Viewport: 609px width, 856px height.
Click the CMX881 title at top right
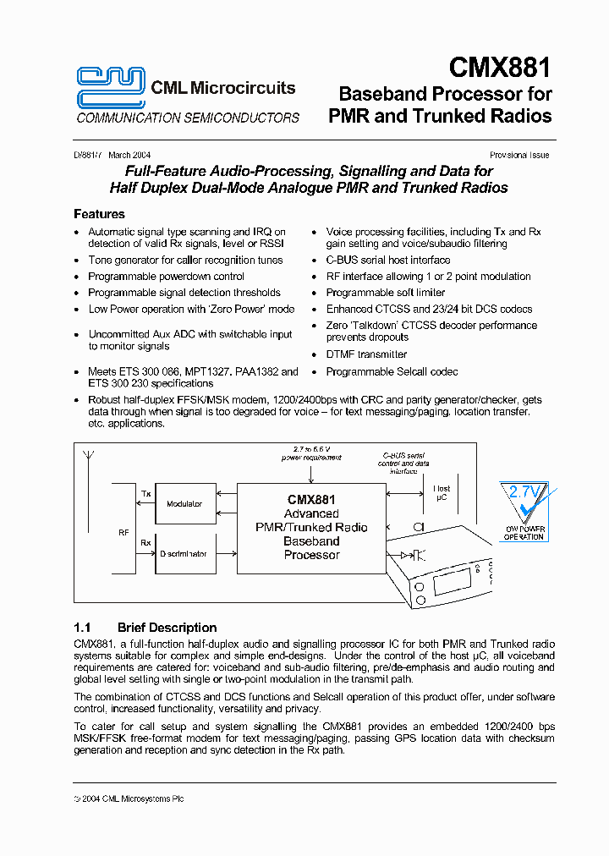point(500,67)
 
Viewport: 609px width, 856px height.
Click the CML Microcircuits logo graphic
point(111,87)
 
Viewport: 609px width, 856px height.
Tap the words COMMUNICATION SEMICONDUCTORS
point(188,118)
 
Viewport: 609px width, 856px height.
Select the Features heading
point(99,214)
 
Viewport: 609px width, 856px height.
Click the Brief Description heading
point(167,628)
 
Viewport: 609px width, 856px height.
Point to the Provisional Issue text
point(519,155)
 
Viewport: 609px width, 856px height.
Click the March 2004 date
point(129,155)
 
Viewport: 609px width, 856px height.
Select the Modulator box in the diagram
point(184,504)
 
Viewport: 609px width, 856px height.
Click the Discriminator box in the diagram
point(183,554)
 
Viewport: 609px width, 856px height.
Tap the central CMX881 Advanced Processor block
point(311,527)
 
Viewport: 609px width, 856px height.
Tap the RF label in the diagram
point(123,533)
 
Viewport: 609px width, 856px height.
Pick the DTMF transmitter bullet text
point(366,354)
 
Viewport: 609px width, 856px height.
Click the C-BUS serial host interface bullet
point(387,260)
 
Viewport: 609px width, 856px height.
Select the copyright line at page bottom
point(129,798)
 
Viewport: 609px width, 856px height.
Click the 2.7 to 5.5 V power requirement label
point(312,453)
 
